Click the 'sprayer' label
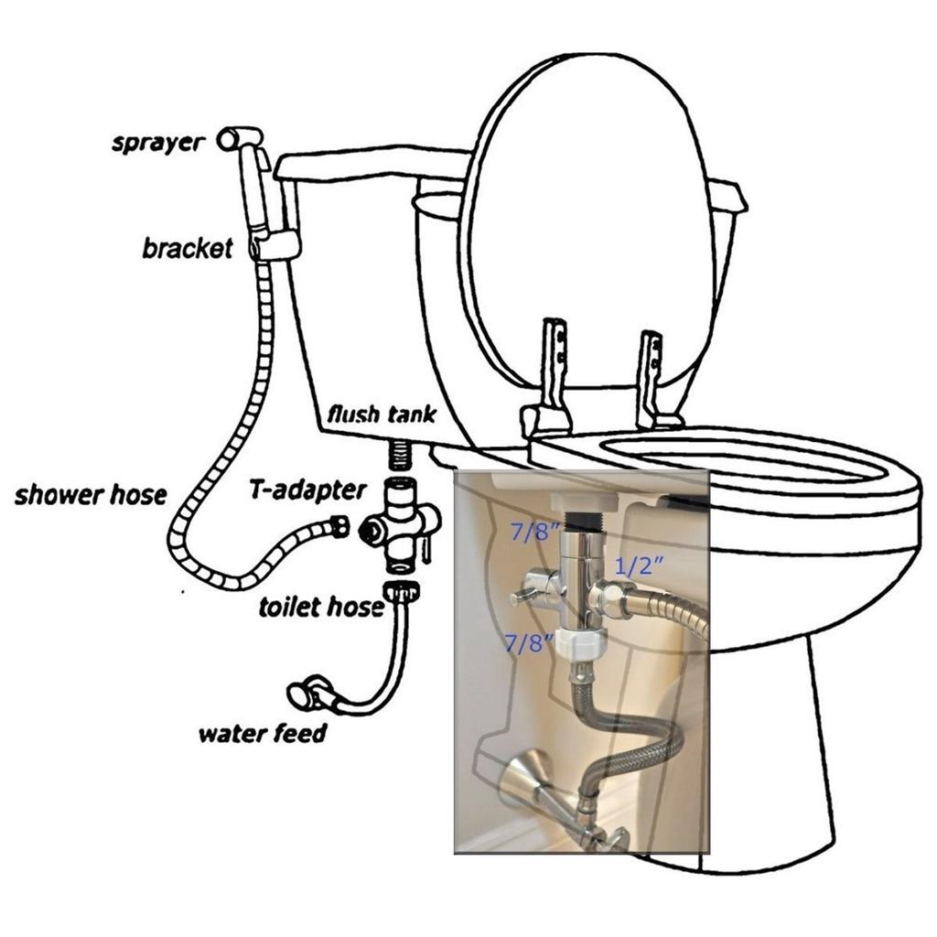click(x=157, y=144)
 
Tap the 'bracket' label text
click(x=188, y=248)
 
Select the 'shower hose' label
click(x=91, y=495)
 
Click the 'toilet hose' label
click(x=320, y=607)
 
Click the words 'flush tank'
click(x=382, y=414)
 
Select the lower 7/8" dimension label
click(x=530, y=642)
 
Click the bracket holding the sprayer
click(x=275, y=244)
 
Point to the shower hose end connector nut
click(x=338, y=526)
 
